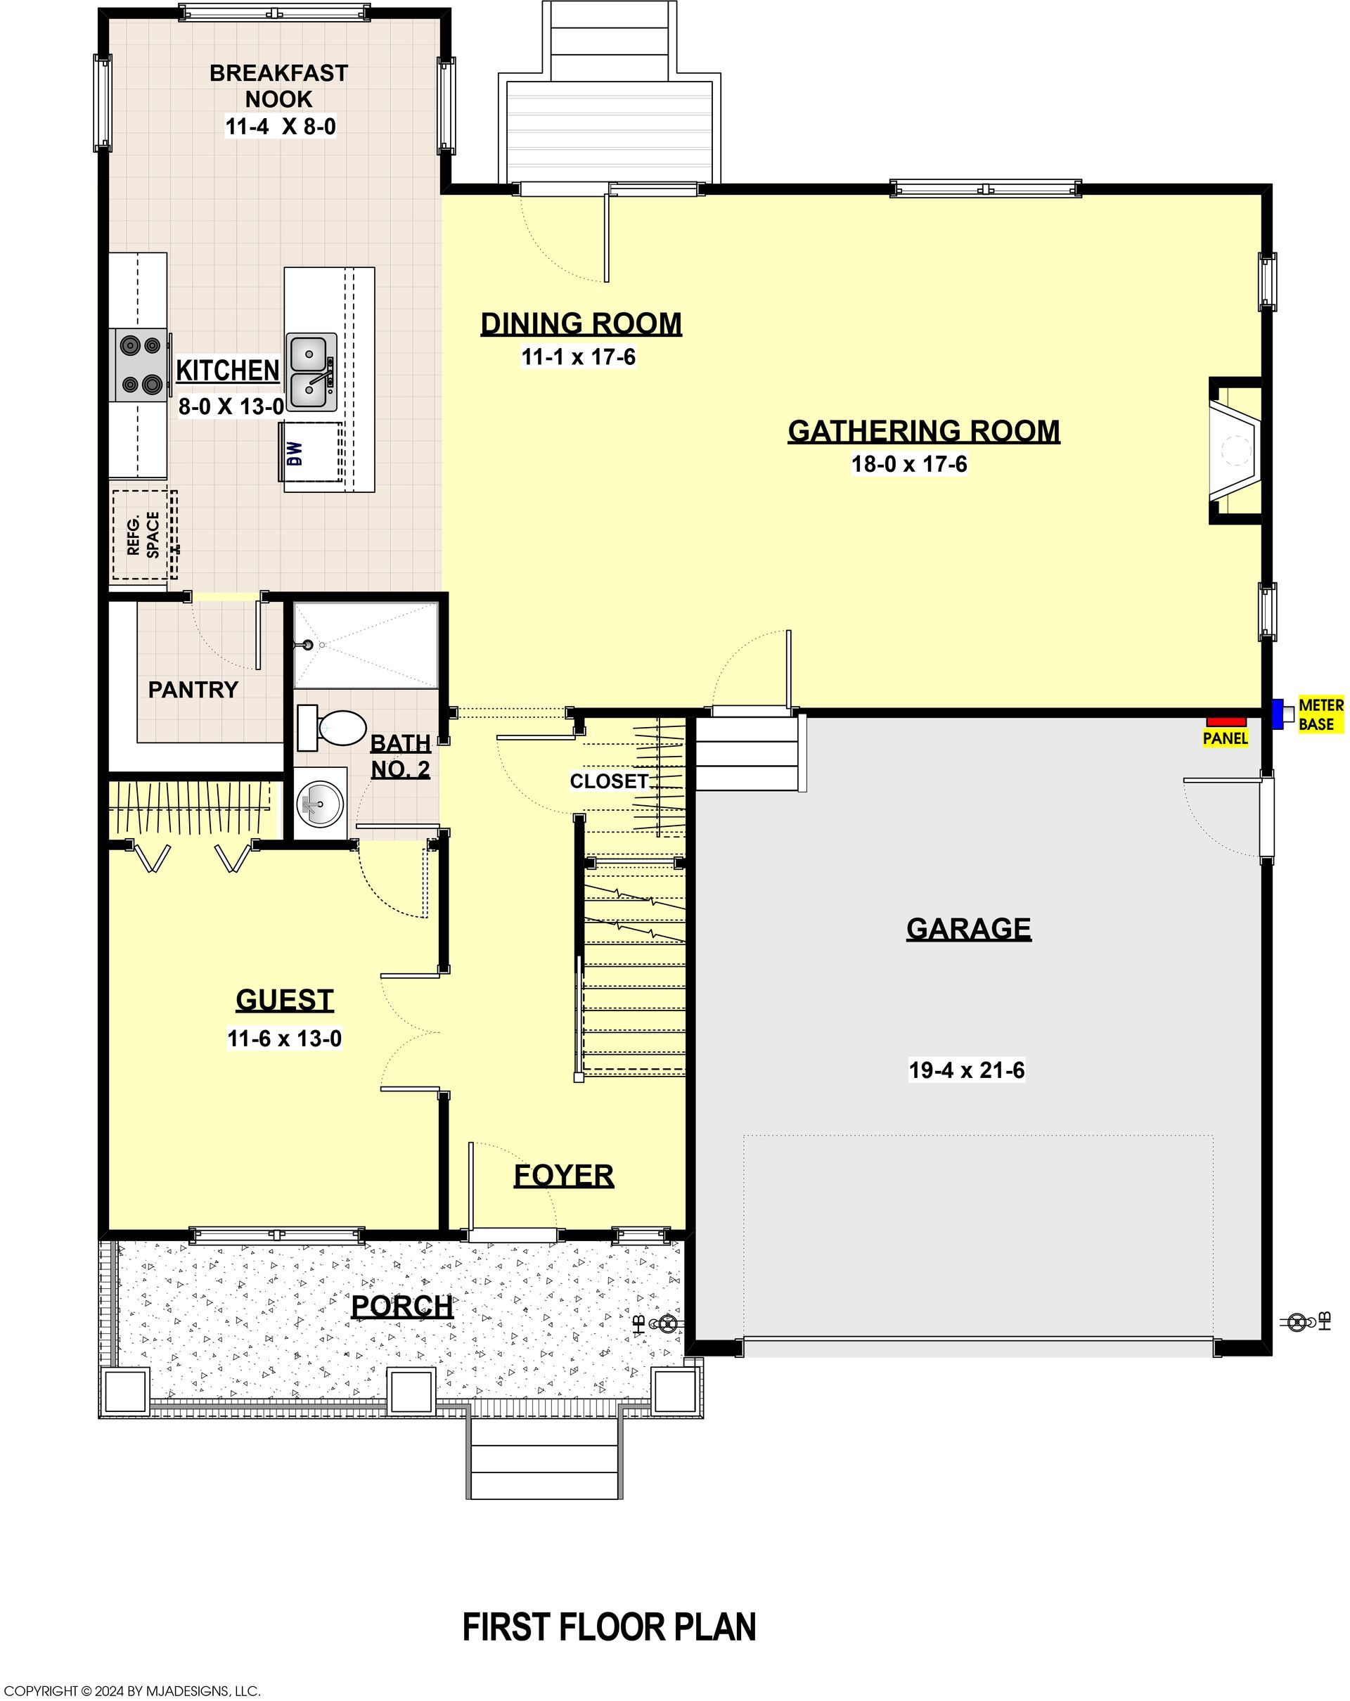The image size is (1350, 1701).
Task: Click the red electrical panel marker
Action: (x=1226, y=721)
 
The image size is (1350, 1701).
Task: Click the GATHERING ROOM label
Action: (x=924, y=431)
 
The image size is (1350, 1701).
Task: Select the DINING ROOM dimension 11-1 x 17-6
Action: (x=579, y=357)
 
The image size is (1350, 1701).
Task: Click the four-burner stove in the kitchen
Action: (x=140, y=365)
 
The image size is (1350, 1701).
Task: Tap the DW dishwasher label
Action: (x=295, y=453)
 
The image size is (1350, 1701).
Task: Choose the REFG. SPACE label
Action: (x=143, y=535)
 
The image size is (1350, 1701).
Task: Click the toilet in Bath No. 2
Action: (x=332, y=727)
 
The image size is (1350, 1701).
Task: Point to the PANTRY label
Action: (x=193, y=690)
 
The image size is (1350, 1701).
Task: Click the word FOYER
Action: (x=563, y=1176)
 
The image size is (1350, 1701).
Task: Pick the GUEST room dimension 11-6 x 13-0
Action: (x=285, y=1039)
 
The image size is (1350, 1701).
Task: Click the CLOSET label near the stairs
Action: (x=609, y=781)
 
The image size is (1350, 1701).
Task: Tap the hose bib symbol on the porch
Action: (x=667, y=1324)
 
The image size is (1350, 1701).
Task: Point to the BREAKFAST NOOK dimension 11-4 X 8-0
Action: (x=281, y=127)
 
